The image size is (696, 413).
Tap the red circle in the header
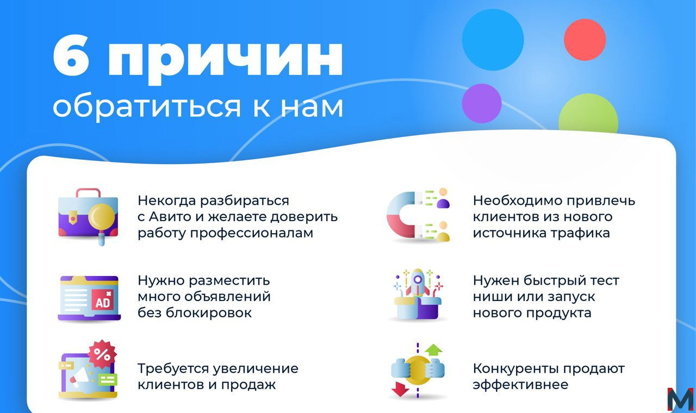[x=585, y=40]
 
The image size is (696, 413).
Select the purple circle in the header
[x=482, y=103]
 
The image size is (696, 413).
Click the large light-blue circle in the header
[x=493, y=40]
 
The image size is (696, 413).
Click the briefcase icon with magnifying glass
[x=88, y=217]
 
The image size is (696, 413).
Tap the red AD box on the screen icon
[x=103, y=300]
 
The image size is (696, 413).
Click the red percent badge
[x=102, y=354]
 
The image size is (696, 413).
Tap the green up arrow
[x=433, y=349]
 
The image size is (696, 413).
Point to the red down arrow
[x=400, y=389]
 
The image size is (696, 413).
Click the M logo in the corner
[x=680, y=399]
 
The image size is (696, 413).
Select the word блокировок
[x=208, y=312]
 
